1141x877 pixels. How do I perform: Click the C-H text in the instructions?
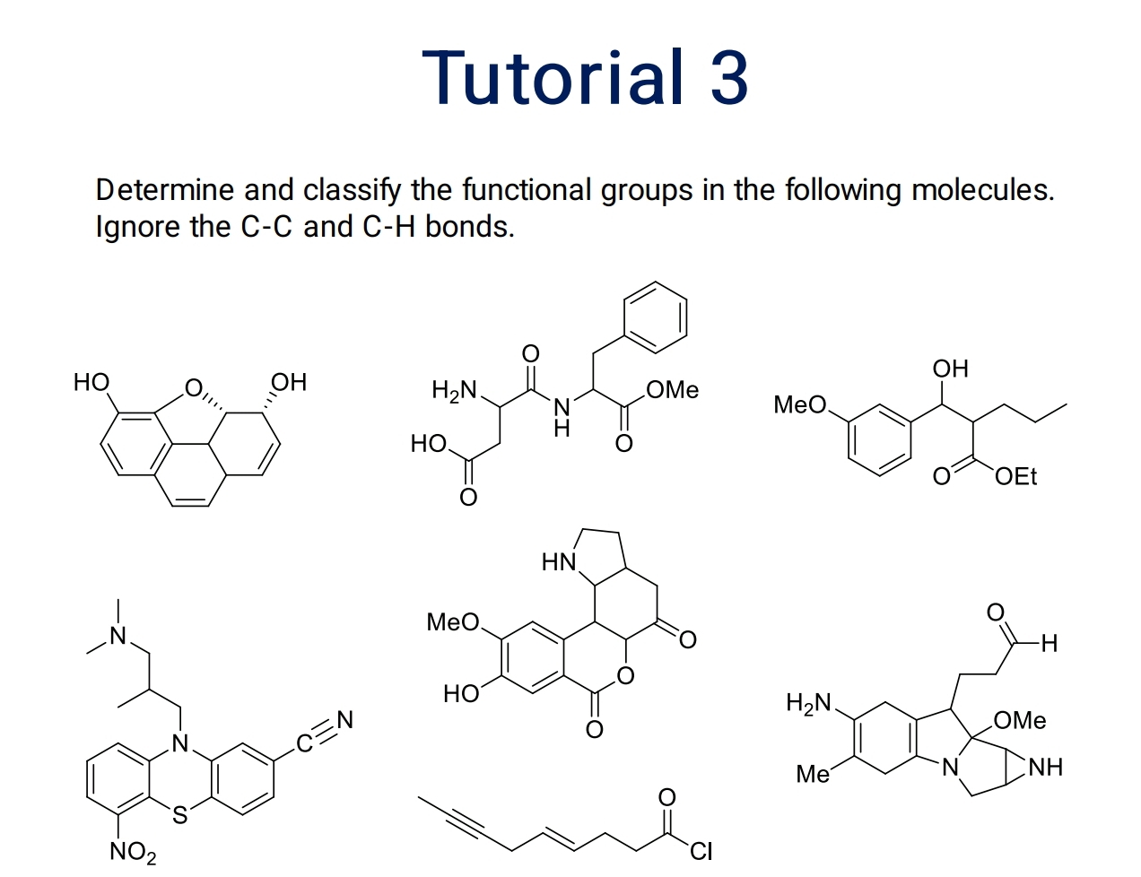[389, 226]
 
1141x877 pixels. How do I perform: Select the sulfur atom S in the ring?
[180, 815]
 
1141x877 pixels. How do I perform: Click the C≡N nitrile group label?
[327, 731]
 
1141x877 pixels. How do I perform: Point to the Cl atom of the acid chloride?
[701, 850]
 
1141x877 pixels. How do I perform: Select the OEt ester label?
[1015, 476]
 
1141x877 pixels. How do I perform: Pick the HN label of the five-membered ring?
[558, 562]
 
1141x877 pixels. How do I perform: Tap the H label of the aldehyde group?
[1050, 643]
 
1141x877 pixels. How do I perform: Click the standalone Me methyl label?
[813, 774]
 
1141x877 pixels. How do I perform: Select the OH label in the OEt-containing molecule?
[951, 369]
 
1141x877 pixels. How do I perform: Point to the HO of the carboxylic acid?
[428, 443]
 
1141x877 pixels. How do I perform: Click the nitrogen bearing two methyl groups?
[116, 637]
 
